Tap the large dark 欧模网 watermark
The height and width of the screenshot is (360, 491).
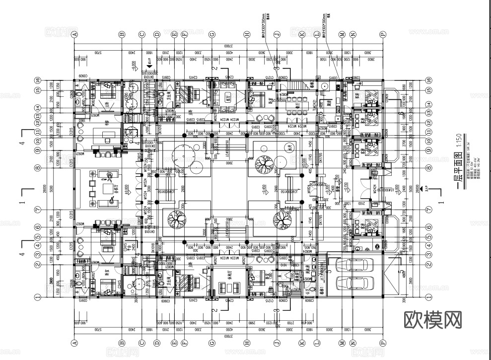(433, 320)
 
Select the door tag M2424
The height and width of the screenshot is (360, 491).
(368, 189)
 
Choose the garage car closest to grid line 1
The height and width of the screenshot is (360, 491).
(354, 284)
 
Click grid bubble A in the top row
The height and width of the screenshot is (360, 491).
(75, 34)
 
